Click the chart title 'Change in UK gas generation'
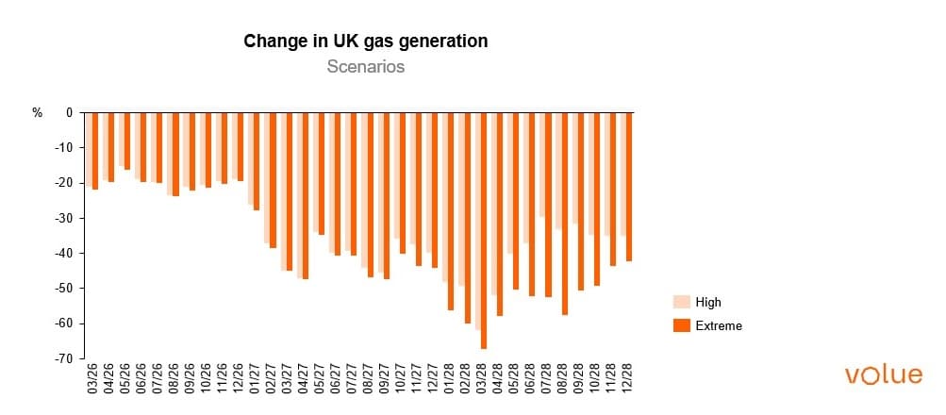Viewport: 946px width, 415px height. [x=365, y=41]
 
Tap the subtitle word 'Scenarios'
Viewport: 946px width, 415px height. [x=365, y=67]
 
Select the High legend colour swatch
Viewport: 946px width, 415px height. [x=681, y=302]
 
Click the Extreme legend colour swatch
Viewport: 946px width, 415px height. [x=681, y=325]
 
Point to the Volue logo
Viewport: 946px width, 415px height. [x=883, y=374]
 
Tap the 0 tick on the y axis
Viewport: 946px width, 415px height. [x=69, y=113]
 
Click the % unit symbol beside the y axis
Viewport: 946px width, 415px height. [x=38, y=113]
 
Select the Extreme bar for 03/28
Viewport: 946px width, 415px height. [x=484, y=231]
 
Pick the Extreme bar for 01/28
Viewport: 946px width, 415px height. [x=450, y=211]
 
